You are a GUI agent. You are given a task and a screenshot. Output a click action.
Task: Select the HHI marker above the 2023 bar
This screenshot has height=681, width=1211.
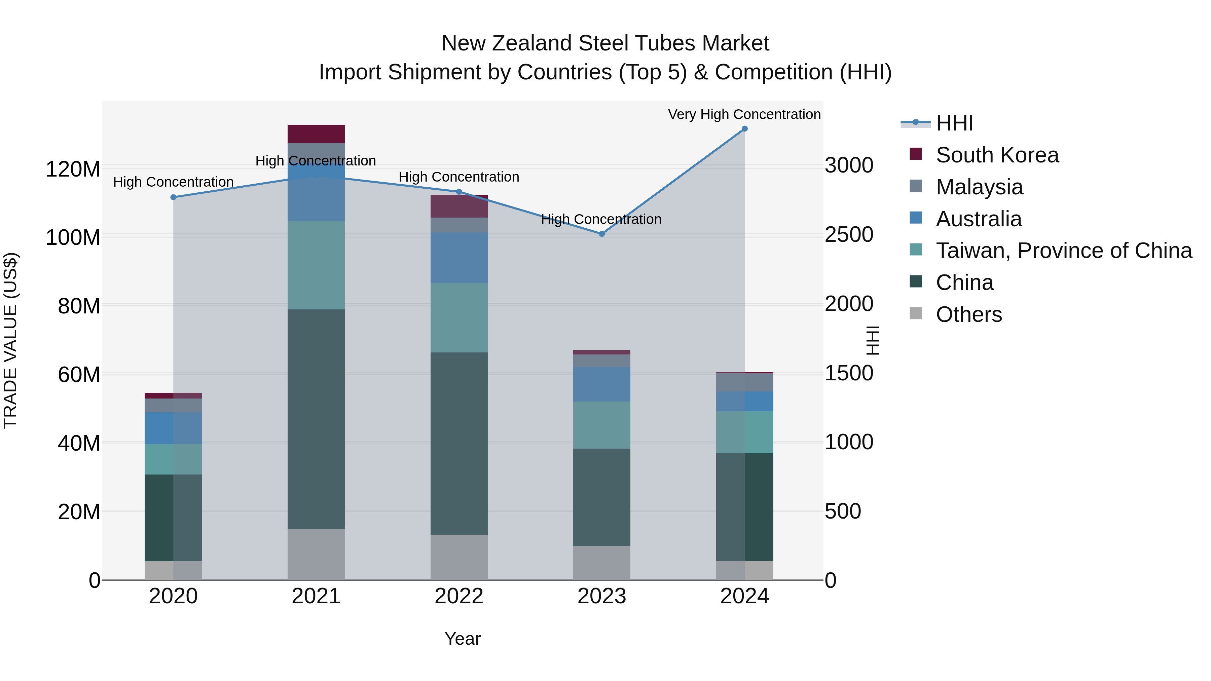602,234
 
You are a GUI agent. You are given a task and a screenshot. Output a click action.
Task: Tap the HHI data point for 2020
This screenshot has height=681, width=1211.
174,197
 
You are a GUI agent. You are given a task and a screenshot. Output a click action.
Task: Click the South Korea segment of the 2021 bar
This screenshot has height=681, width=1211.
316,134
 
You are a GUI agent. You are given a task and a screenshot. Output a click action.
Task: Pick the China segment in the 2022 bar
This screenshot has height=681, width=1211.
459,443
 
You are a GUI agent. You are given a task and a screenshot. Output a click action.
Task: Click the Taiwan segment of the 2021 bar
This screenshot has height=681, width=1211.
316,265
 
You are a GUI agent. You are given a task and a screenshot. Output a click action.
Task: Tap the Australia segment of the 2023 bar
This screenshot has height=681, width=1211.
602,384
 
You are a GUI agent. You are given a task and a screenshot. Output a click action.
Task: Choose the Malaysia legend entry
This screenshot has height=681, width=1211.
979,187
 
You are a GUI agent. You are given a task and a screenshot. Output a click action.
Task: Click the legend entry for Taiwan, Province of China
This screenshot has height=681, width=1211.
1063,251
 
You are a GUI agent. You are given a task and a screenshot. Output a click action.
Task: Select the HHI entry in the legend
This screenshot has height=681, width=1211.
954,123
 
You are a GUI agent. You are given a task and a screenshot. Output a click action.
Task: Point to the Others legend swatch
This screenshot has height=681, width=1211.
916,313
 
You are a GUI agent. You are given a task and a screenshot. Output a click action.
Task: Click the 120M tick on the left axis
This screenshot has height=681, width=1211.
73,169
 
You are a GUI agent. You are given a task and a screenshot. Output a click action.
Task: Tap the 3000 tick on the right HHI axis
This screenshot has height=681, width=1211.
849,165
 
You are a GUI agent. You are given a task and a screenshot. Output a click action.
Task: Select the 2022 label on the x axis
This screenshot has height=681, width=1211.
459,596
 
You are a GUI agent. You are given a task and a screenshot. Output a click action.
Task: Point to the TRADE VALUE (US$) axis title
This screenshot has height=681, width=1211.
10,340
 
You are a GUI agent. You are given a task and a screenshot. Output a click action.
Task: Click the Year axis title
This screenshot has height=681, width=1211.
463,639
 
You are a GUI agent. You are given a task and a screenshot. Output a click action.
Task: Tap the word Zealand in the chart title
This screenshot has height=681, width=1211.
528,43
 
